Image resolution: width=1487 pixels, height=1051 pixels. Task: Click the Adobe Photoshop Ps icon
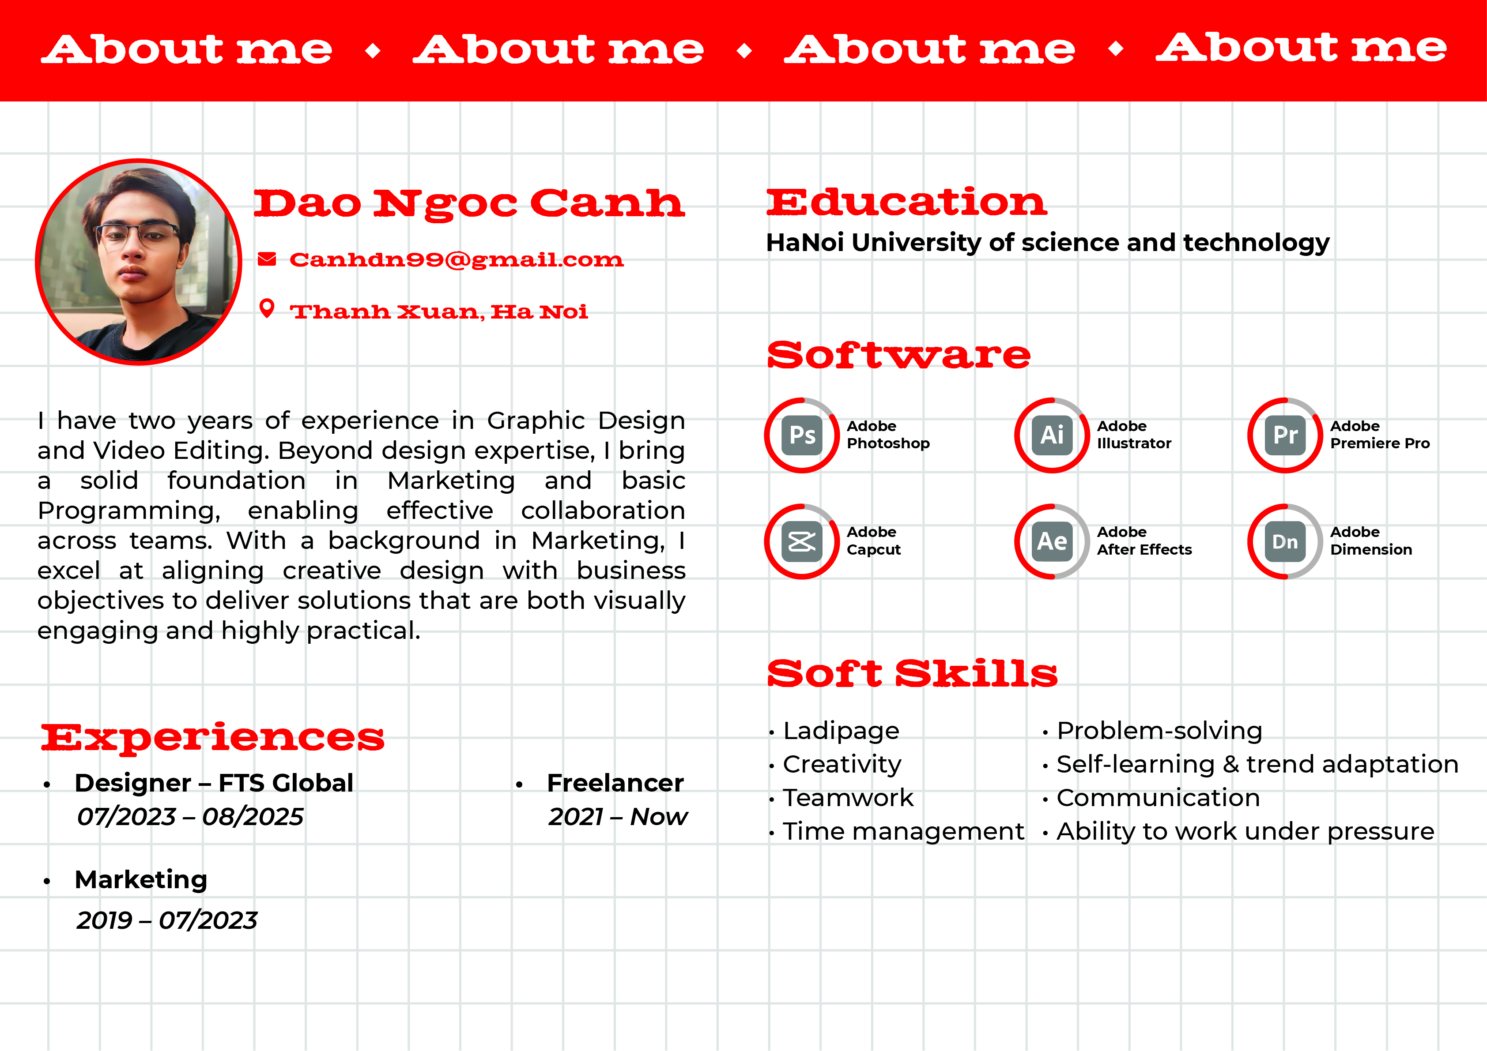point(802,435)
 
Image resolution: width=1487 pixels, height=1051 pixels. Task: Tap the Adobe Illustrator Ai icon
point(1053,435)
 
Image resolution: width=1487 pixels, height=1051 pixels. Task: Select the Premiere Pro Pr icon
point(1286,435)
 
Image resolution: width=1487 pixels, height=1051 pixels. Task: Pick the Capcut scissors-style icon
point(802,541)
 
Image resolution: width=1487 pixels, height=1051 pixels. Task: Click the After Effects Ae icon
point(1053,541)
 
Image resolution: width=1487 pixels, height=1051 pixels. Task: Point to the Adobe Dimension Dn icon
point(1286,541)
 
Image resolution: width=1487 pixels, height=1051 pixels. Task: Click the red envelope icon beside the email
point(267,259)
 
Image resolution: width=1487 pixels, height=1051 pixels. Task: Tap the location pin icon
point(267,309)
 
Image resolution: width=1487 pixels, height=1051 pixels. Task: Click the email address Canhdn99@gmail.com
point(457,260)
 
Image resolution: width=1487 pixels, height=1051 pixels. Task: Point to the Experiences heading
point(212,738)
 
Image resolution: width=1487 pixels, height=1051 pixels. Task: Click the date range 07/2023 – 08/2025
point(190,817)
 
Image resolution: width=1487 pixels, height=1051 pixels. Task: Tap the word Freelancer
point(615,783)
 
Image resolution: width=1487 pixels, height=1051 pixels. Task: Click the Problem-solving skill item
point(1159,731)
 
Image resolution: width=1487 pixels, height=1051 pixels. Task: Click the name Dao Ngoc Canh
point(469,204)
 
